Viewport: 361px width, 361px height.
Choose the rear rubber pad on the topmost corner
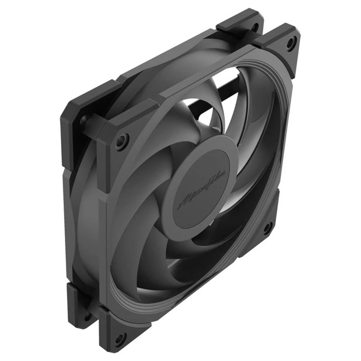pos(240,23)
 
